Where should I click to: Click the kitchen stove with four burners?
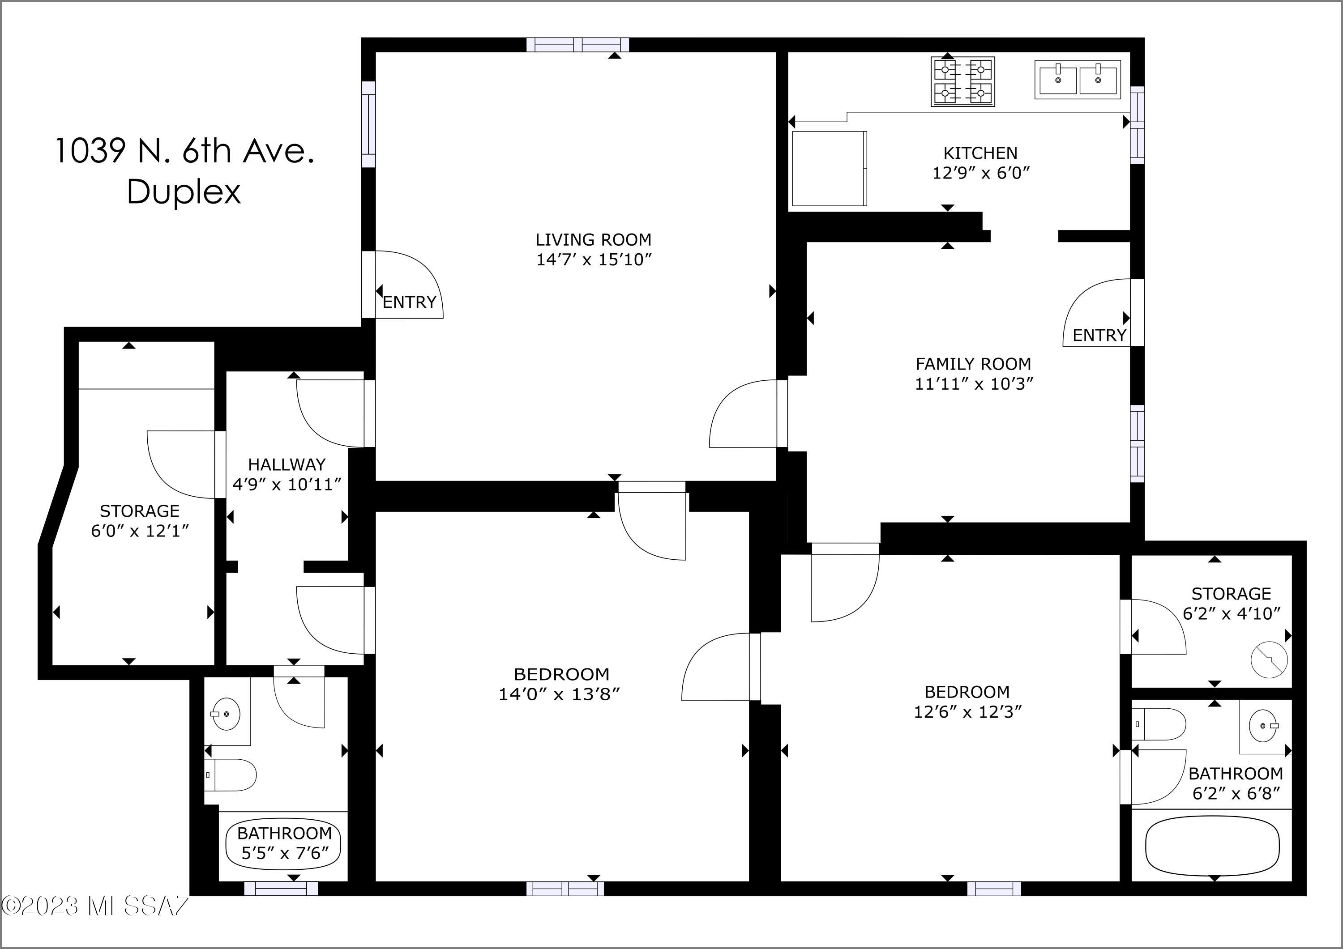(x=962, y=82)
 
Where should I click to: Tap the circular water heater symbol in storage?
(x=1269, y=659)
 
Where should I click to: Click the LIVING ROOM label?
(x=593, y=240)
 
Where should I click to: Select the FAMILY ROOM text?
(x=973, y=364)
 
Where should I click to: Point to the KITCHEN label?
(x=980, y=153)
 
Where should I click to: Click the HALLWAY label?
(x=287, y=465)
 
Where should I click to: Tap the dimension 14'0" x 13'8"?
(x=559, y=694)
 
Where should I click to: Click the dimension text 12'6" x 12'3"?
(x=967, y=711)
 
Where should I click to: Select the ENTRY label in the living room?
(x=410, y=302)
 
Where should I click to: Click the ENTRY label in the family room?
(x=1099, y=335)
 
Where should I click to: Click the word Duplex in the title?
(x=184, y=192)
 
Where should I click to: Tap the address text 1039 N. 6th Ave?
(x=185, y=151)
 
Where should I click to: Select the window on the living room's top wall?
(x=577, y=44)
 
